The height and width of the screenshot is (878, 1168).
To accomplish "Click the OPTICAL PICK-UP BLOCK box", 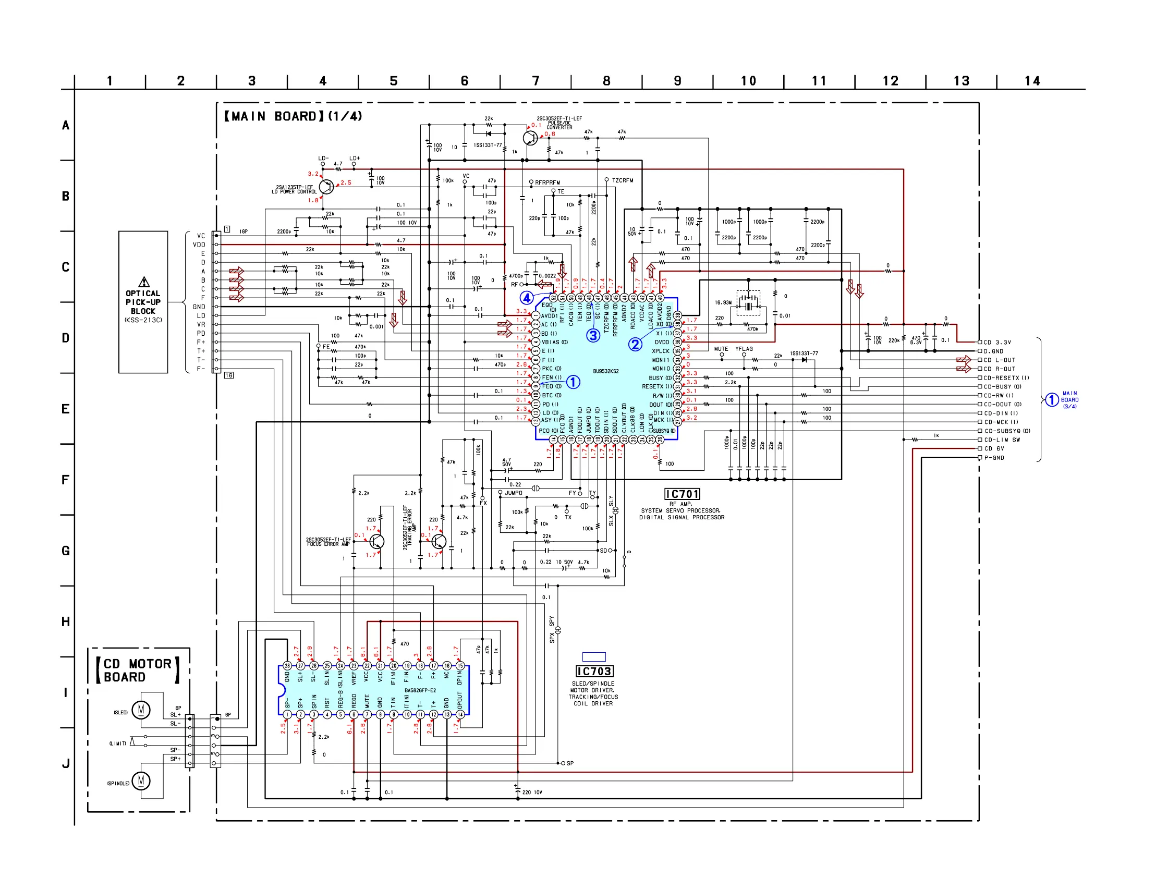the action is [x=143, y=302].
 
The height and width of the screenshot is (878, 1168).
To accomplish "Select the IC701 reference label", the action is [x=682, y=494].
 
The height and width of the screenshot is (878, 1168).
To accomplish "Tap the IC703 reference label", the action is [x=594, y=672].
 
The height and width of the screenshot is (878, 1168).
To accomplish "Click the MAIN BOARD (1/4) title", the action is [x=293, y=116].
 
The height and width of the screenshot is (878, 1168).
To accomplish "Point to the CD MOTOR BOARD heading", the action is [x=137, y=670].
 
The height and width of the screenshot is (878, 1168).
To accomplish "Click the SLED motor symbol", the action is [x=141, y=710].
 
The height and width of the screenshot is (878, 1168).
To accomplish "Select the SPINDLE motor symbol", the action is [x=141, y=781].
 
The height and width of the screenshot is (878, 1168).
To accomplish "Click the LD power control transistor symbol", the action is [x=327, y=187].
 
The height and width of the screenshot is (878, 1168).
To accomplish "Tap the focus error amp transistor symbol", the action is [x=376, y=541].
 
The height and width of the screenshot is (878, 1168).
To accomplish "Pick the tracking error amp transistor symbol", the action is [x=439, y=541].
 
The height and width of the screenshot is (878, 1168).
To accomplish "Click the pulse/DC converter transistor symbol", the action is [x=530, y=138].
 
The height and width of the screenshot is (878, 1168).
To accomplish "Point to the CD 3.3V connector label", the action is [x=998, y=342].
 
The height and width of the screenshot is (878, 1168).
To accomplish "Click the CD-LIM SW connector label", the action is [x=1002, y=440].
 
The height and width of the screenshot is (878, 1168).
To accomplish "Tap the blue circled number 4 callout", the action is [x=527, y=298].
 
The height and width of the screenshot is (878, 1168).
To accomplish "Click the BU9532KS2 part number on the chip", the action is [x=606, y=371].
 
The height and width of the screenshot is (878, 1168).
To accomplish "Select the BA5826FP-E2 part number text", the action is [x=420, y=690].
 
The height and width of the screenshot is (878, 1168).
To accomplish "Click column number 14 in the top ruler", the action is [x=1032, y=81].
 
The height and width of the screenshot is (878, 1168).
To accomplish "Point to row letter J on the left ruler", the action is [x=66, y=763].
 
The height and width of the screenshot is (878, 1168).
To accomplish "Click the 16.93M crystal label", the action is [x=723, y=302].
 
